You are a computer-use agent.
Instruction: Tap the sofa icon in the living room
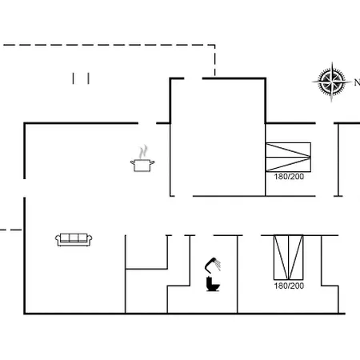[x=74, y=239]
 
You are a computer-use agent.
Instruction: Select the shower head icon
[x=213, y=265]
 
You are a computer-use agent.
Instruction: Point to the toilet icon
[x=213, y=284]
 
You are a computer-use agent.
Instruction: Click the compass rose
[x=332, y=82]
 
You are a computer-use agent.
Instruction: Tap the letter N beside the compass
[x=357, y=82]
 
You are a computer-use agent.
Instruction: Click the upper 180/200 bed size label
[x=289, y=177]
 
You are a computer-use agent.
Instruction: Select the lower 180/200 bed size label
[x=289, y=286]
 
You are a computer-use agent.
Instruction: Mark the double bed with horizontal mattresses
[x=288, y=157]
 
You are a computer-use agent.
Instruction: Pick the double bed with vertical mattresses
[x=288, y=258]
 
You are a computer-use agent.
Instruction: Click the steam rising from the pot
[x=143, y=152]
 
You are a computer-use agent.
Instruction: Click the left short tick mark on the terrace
[x=73, y=78]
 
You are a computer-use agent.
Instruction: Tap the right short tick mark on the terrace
[x=89, y=78]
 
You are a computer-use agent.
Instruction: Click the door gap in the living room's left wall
[x=25, y=188]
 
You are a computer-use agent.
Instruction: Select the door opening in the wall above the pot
[x=147, y=123]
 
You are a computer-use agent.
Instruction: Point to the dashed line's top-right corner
[x=215, y=45]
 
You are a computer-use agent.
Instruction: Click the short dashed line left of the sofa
[x=11, y=230]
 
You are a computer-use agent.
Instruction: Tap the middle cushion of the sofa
[x=74, y=238]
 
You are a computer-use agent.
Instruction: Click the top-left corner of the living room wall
[x=25, y=123]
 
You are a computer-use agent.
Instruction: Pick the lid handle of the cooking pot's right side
[x=152, y=162]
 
